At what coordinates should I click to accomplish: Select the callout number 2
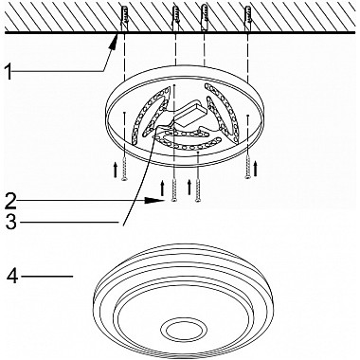tap(10, 201)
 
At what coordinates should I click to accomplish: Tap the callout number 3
tap(10, 222)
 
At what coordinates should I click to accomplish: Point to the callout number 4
tap(12, 277)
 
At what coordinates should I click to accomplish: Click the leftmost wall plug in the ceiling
tap(124, 18)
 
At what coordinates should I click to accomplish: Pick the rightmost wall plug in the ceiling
tap(247, 18)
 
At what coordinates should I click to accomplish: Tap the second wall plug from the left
tap(175, 18)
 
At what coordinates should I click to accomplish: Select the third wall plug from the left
tap(205, 18)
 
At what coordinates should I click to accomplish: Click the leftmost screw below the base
tap(124, 169)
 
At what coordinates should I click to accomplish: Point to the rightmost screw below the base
tap(248, 167)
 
